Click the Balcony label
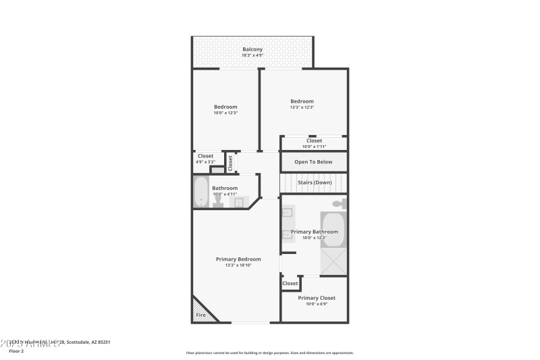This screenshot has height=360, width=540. (252, 49)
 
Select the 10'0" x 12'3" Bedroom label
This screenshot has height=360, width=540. (225, 107)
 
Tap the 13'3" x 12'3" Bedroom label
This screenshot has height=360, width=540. (302, 101)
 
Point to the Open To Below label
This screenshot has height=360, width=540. (313, 162)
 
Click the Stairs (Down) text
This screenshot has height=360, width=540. (315, 182)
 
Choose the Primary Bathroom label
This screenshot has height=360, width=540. (314, 232)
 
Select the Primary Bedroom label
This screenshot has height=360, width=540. (238, 259)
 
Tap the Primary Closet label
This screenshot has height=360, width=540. (317, 298)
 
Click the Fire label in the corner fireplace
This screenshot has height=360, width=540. (200, 315)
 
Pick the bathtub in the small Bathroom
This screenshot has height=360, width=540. (200, 192)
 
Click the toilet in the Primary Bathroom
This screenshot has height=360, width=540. (338, 203)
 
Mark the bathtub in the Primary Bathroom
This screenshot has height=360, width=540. (333, 230)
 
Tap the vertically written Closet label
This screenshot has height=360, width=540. (230, 163)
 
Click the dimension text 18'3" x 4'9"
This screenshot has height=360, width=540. (252, 55)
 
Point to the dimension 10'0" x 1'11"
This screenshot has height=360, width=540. (314, 147)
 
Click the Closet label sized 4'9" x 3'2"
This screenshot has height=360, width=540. (205, 156)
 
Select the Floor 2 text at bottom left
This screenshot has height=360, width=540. (17, 351)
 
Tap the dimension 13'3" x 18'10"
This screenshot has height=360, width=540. (238, 265)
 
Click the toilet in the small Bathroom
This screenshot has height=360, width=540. (218, 202)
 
